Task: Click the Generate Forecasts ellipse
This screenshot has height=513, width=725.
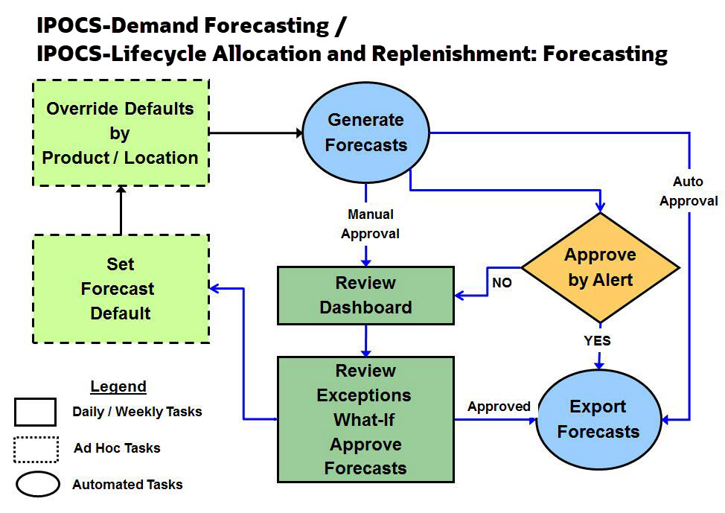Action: click(x=365, y=133)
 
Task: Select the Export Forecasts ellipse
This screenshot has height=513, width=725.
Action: click(x=598, y=419)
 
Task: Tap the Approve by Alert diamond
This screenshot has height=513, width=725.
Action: click(x=600, y=267)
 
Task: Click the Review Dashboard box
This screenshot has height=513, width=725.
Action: click(x=365, y=296)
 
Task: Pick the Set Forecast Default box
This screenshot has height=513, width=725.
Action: click(x=121, y=289)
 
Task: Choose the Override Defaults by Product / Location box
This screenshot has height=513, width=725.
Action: click(x=121, y=133)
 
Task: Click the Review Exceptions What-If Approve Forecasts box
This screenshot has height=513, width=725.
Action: click(x=365, y=419)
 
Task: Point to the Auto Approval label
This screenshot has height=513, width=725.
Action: click(x=688, y=191)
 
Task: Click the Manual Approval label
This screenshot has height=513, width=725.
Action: click(x=370, y=224)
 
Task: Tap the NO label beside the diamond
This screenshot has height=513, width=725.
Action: click(x=502, y=283)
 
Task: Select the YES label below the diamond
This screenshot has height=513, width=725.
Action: click(x=597, y=340)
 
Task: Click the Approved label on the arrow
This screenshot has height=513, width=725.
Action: click(x=499, y=407)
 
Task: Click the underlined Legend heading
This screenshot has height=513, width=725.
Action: click(x=118, y=386)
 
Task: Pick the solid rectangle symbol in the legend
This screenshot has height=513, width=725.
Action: click(x=35, y=412)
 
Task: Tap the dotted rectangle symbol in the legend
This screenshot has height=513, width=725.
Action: click(x=36, y=449)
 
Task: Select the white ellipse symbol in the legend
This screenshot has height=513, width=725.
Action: click(x=37, y=485)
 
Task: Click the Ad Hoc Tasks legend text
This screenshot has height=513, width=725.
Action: click(x=117, y=448)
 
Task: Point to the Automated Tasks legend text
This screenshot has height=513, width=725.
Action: click(x=127, y=485)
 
